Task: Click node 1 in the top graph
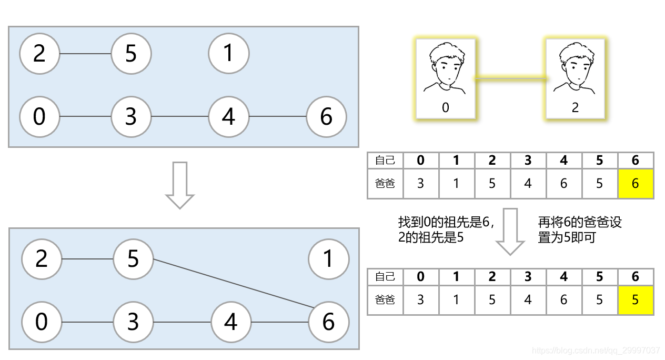coord(228,53)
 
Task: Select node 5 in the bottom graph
coord(133,258)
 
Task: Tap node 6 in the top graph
coord(326,116)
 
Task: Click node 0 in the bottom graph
coord(42,322)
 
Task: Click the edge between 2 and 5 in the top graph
coord(85,54)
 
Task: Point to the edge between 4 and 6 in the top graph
coord(278,116)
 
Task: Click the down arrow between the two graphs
coord(180,185)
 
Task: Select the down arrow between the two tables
coord(510,231)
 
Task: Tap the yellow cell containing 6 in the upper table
coord(636,184)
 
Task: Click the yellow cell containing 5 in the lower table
coord(636,299)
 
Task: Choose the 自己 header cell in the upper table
coord(385,160)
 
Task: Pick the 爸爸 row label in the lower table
coord(385,299)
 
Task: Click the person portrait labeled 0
coord(446,78)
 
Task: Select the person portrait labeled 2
coord(575,78)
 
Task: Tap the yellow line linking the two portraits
coord(510,79)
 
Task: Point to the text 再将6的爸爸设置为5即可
coord(579,229)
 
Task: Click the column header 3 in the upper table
coord(528,160)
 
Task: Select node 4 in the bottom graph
coord(231,322)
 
